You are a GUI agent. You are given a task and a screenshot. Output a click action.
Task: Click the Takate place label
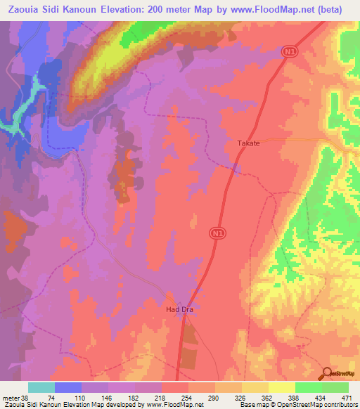(x=247, y=143)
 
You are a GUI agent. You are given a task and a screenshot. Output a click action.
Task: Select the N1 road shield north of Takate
(x=289, y=52)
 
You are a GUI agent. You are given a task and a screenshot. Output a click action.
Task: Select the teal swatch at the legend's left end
(x=41, y=387)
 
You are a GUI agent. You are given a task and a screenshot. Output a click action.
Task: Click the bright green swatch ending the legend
(x=335, y=387)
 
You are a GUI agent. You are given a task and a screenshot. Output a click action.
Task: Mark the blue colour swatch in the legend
(x=68, y=387)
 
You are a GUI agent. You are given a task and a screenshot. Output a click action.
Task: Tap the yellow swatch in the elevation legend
(x=282, y=387)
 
